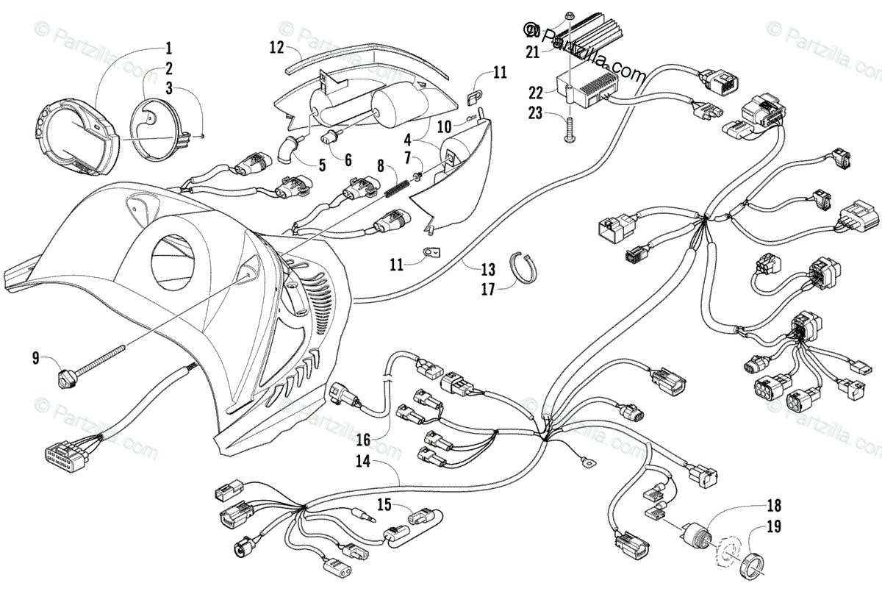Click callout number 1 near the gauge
tap(168, 50)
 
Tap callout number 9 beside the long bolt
tap(35, 359)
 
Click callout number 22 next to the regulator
tap(535, 92)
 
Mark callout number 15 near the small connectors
tap(384, 504)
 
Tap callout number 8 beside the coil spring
tap(380, 165)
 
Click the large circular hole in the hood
tap(175, 260)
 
